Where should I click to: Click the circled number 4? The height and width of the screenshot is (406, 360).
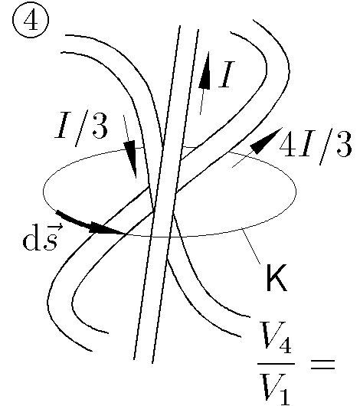coord(31,21)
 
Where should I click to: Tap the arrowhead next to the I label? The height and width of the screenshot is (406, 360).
coord(205,70)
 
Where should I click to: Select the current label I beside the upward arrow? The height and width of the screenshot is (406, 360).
coord(227,74)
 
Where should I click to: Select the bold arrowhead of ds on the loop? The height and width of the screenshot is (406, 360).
coord(106,228)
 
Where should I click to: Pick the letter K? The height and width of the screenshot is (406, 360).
coord(277,278)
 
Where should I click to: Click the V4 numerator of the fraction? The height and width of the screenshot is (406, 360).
coord(276,337)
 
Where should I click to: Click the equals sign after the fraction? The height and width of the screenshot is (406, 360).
coord(322,364)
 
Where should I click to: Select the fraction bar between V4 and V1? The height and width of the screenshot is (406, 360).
coord(276,364)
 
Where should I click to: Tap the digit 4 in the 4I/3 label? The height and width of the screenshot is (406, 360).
coord(287,144)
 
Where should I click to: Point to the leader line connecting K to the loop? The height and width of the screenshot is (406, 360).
coord(251,246)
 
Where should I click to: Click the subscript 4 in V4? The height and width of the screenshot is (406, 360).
coord(285,345)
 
